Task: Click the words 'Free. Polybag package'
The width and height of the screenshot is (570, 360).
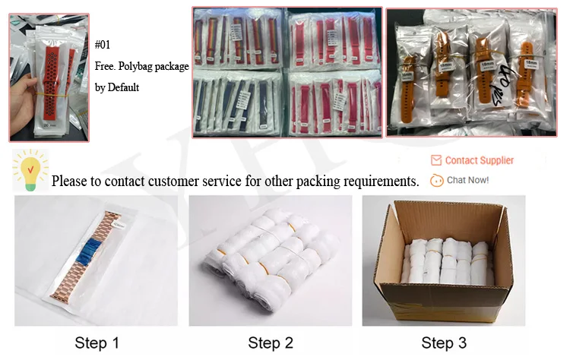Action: (141, 66)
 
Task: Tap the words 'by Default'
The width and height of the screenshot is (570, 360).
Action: (117, 87)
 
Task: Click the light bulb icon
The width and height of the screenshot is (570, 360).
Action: (30, 171)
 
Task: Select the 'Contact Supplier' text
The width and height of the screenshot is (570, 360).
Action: (479, 160)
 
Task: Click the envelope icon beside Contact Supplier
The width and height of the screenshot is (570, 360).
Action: (436, 160)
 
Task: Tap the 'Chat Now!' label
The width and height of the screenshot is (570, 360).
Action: (467, 180)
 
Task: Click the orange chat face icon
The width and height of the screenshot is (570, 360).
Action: (436, 181)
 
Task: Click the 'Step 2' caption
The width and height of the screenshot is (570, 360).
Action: (270, 343)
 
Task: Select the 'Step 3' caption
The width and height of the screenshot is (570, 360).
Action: (443, 343)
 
